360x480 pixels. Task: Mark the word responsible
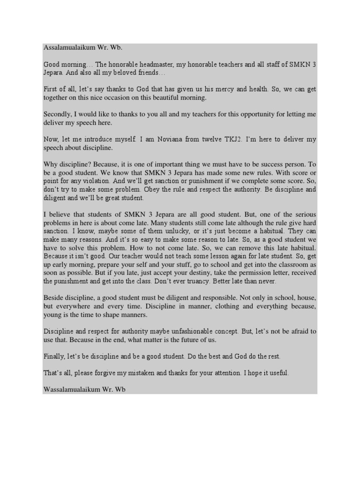coord(258,298)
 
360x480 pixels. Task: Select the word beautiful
coord(158,98)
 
